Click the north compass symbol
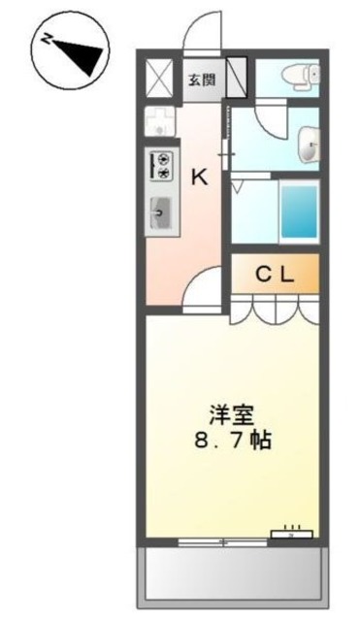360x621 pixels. [67, 52]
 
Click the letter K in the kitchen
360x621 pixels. [198, 177]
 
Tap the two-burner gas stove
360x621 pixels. [162, 164]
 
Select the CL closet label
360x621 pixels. [275, 274]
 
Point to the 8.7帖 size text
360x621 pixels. [233, 440]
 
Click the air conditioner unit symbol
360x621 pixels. [292, 531]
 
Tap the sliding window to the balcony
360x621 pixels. [225, 539]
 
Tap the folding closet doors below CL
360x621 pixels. [275, 310]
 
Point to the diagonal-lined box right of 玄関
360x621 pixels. [239, 77]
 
